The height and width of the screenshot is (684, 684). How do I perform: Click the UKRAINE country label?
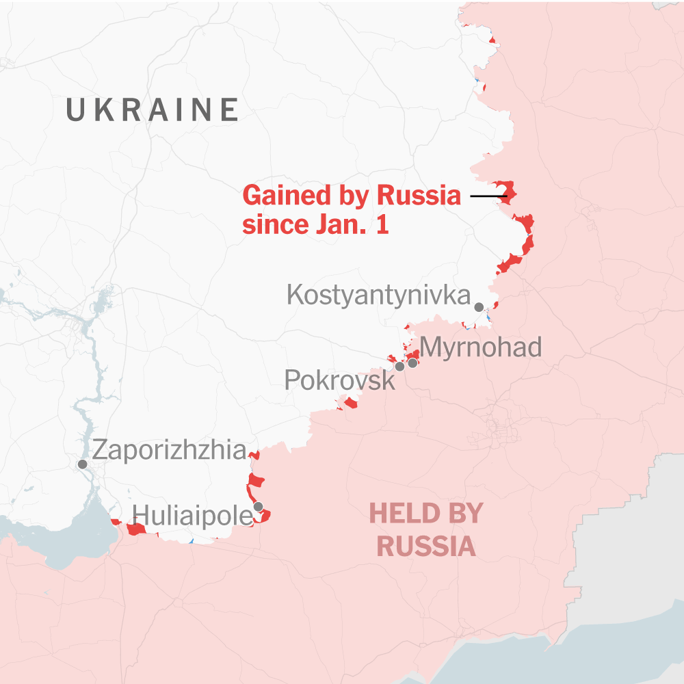coord(152,110)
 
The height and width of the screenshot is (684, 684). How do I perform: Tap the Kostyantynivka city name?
coord(378,295)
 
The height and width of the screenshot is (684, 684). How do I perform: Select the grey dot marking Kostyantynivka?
coord(479,307)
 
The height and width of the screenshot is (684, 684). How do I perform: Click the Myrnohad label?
coord(480,347)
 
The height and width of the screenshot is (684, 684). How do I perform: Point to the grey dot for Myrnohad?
coord(412,363)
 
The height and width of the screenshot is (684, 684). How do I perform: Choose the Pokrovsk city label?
coord(339,380)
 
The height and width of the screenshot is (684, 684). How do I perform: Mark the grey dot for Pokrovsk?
coord(399,367)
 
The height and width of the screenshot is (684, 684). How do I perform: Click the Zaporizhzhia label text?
coord(169,450)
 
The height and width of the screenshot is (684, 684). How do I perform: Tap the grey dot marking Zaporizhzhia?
coord(82,464)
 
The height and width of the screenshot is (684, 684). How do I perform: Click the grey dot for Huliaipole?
coord(258,507)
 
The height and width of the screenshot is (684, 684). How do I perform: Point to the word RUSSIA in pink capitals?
coord(426,547)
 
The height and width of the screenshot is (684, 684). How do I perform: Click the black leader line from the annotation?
coord(487,196)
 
